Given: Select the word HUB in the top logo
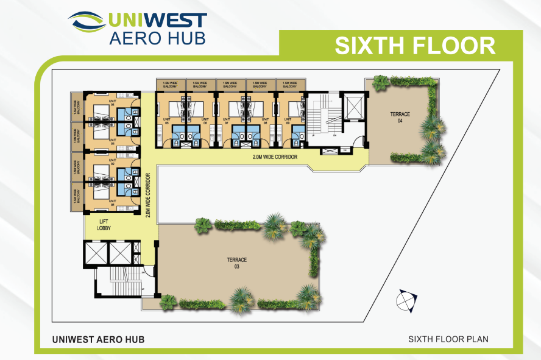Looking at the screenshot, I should (x=185, y=37).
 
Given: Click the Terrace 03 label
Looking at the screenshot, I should (x=238, y=263).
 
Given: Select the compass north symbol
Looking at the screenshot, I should (x=406, y=300).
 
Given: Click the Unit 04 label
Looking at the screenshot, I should (x=111, y=102).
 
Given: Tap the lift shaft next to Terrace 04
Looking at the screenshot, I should (x=353, y=108).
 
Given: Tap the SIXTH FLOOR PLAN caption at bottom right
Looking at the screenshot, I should (x=448, y=339).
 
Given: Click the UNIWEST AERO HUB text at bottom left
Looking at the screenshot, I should (x=98, y=339).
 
